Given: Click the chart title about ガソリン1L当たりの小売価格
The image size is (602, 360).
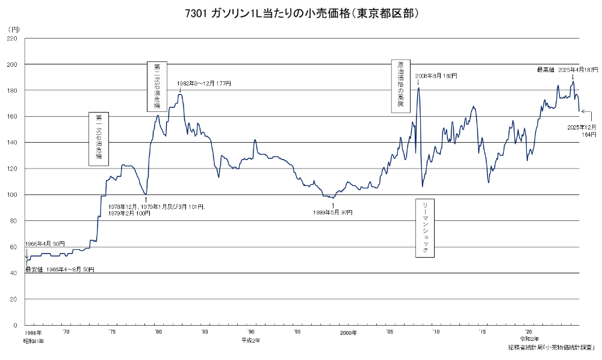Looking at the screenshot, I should point(302,13).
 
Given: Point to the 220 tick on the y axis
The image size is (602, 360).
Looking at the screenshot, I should point(12,38).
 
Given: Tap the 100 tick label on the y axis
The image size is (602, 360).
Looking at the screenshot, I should point(12,195).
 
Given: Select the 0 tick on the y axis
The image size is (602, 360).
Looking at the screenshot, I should point(16,326).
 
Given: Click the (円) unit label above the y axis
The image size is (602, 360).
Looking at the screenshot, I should point(14,29).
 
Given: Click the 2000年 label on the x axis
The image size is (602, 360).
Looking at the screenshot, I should point(348,332).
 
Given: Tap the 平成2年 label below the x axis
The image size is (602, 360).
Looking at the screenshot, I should point(250,340).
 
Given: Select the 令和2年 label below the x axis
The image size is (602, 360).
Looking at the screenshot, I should point(529,340).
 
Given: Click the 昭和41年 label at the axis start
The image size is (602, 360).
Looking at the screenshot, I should point(34,340).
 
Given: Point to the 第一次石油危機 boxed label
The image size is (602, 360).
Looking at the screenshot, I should point(99,138).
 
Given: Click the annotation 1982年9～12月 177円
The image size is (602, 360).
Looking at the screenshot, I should point(204,83).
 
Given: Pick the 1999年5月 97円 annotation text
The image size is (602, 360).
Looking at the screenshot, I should point(333,213).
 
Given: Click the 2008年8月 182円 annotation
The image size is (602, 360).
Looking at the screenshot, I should point(436,76).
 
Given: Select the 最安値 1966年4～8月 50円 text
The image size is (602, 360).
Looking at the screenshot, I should point(60,269).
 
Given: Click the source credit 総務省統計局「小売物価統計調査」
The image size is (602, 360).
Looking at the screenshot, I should point(551,347).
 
